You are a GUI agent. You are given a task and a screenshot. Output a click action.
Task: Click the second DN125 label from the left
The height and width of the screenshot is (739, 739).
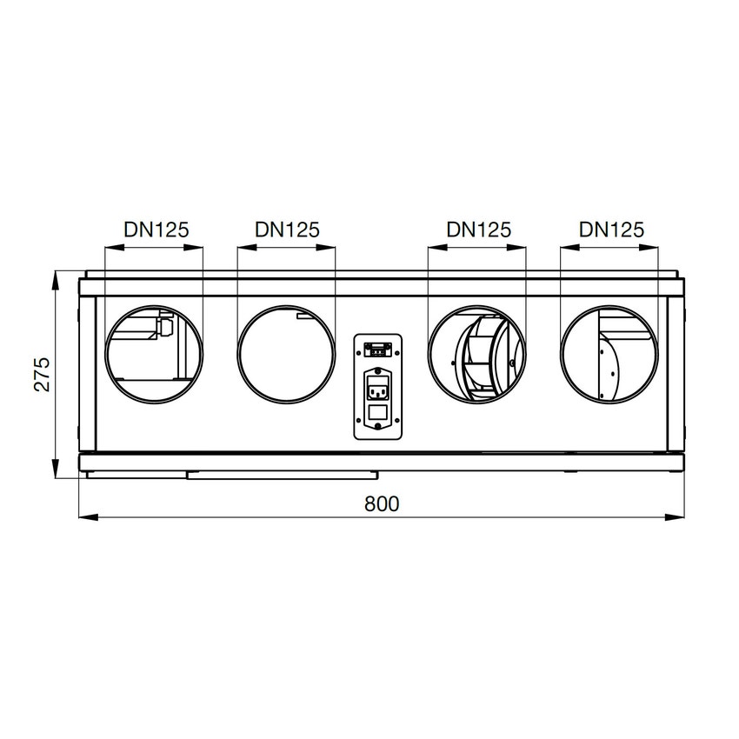coord(288,230)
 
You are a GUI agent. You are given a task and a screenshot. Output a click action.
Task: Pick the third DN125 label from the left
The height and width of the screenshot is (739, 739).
coord(478,230)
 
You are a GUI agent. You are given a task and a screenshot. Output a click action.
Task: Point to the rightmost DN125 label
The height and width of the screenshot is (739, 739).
coord(612,230)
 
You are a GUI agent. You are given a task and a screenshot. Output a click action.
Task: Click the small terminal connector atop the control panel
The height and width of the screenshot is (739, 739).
coord(377,350)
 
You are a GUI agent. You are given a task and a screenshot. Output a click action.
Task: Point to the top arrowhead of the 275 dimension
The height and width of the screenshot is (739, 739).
coord(57,277)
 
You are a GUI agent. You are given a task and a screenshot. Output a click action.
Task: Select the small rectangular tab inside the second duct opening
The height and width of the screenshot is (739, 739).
coord(303,316)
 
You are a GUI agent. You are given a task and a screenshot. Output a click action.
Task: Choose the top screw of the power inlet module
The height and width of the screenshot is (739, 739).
coord(377,372)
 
